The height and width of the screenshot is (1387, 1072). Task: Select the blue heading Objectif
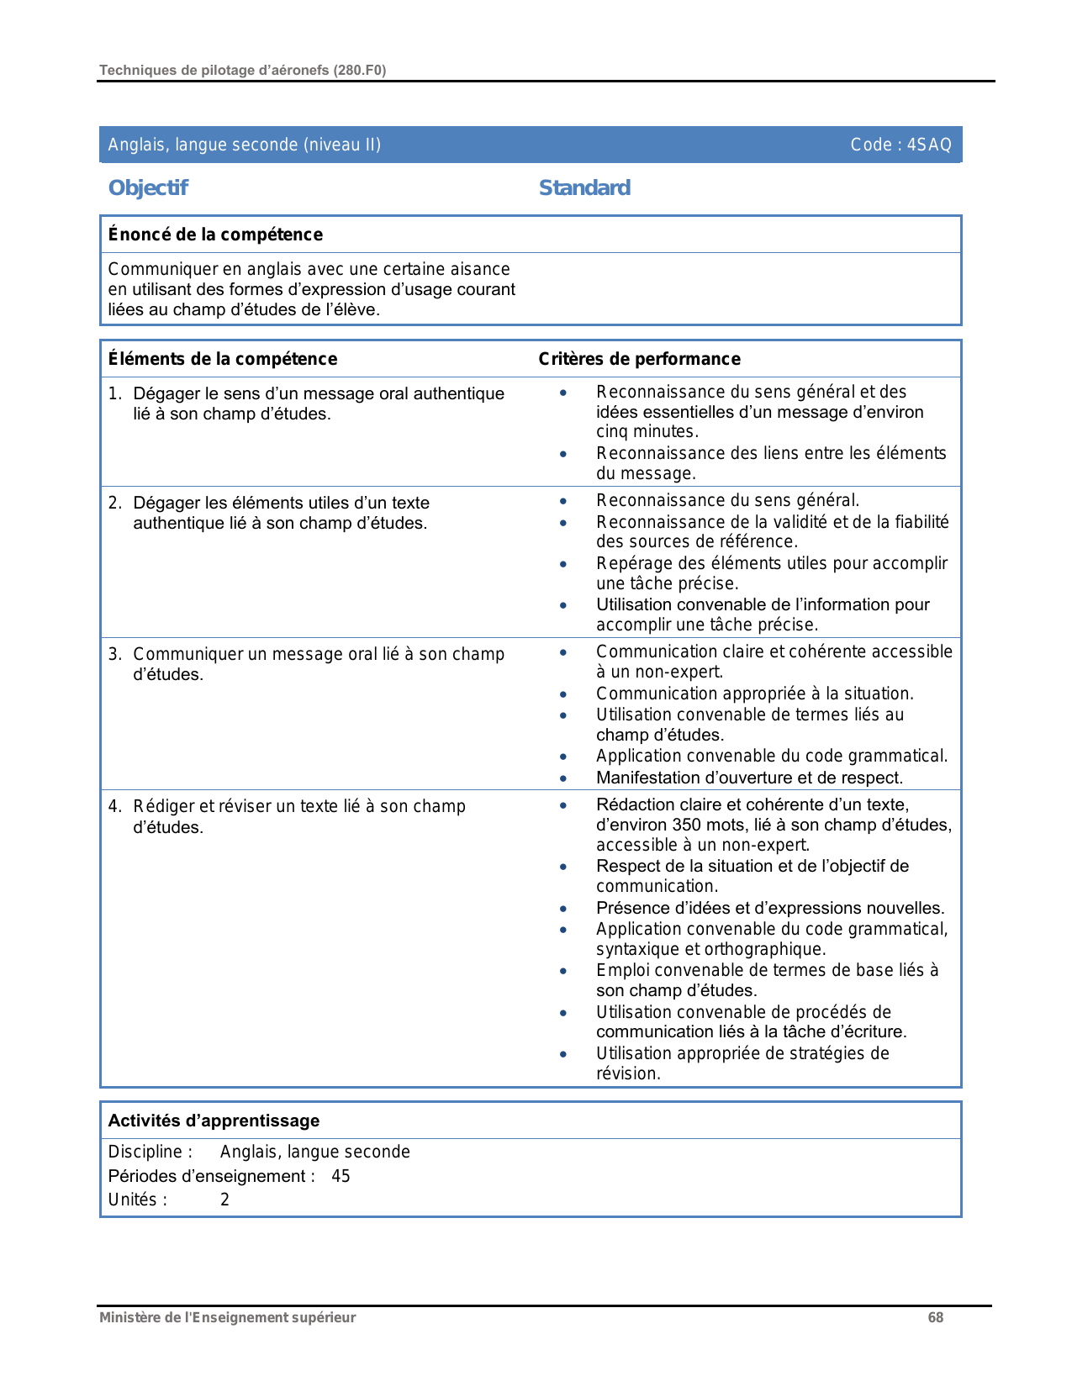[148, 187]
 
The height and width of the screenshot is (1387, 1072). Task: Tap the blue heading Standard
[584, 187]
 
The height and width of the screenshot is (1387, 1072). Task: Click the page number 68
[935, 1317]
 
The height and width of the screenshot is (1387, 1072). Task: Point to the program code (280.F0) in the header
[360, 71]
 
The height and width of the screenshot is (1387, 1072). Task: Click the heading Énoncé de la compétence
[215, 235]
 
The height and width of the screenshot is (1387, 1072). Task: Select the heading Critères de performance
[639, 359]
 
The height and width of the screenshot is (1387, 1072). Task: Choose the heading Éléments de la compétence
[223, 359]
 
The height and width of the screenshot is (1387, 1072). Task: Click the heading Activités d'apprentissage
[214, 1121]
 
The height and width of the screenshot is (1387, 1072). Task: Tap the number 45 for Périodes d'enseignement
[341, 1176]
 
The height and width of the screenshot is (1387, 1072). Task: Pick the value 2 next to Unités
[224, 1200]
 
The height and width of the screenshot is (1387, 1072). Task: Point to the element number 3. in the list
[115, 654]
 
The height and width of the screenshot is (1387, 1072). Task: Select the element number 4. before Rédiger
[115, 806]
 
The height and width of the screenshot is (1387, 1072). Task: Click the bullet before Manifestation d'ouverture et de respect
[563, 778]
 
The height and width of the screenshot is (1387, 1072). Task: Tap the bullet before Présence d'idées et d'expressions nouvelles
[563, 909]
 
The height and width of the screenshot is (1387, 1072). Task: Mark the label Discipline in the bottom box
[145, 1152]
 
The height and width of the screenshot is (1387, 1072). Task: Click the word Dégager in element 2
[166, 503]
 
